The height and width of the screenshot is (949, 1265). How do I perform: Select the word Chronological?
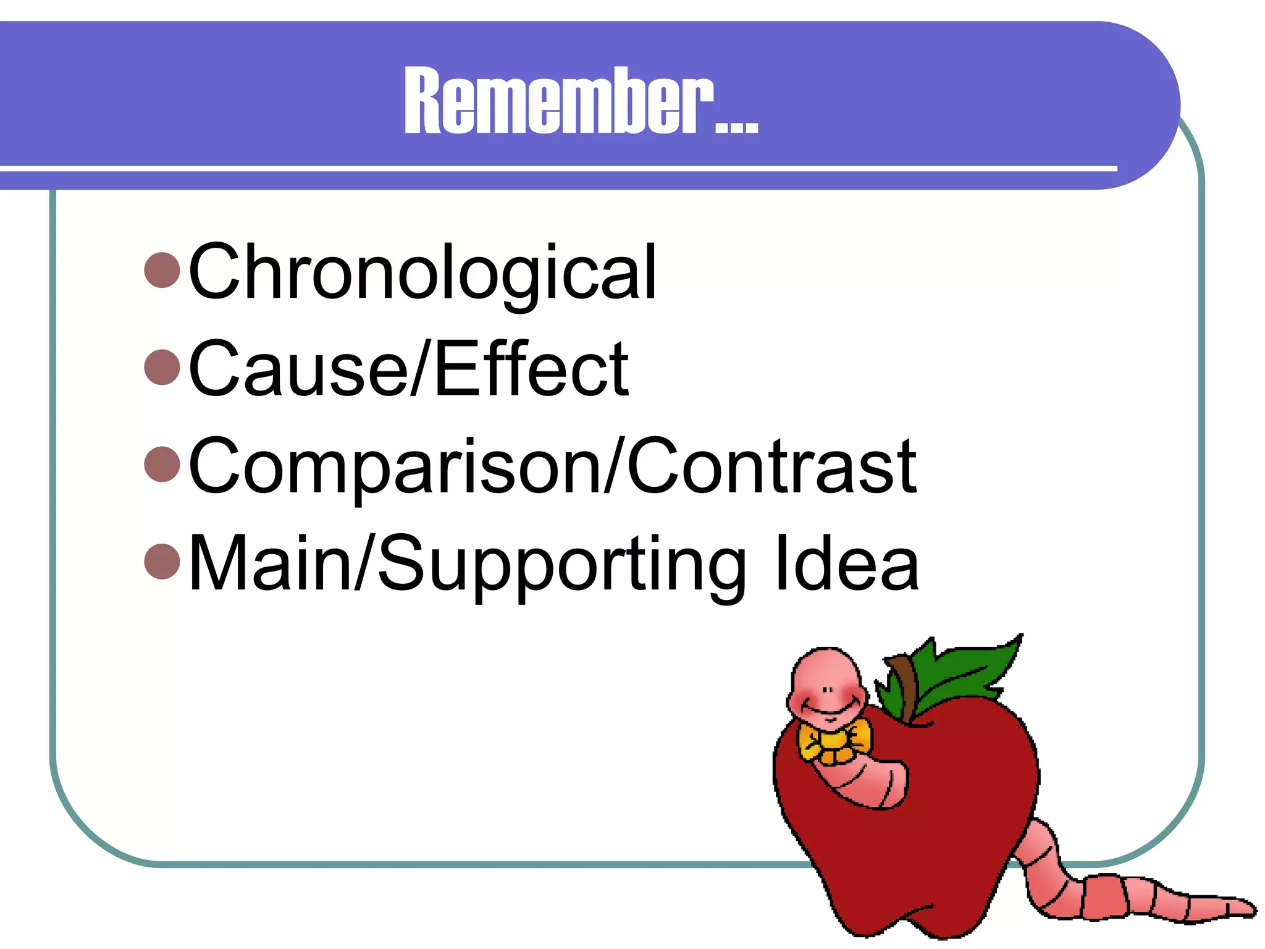point(422,272)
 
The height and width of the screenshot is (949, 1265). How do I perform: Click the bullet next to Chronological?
point(162,270)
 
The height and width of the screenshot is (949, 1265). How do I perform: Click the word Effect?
point(531,369)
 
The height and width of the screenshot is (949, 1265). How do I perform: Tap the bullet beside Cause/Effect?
point(162,367)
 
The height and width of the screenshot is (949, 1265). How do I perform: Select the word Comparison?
point(395,466)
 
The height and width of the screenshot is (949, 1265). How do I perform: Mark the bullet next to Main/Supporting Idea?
point(162,561)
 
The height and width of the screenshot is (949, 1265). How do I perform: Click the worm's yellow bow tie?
point(834,744)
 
